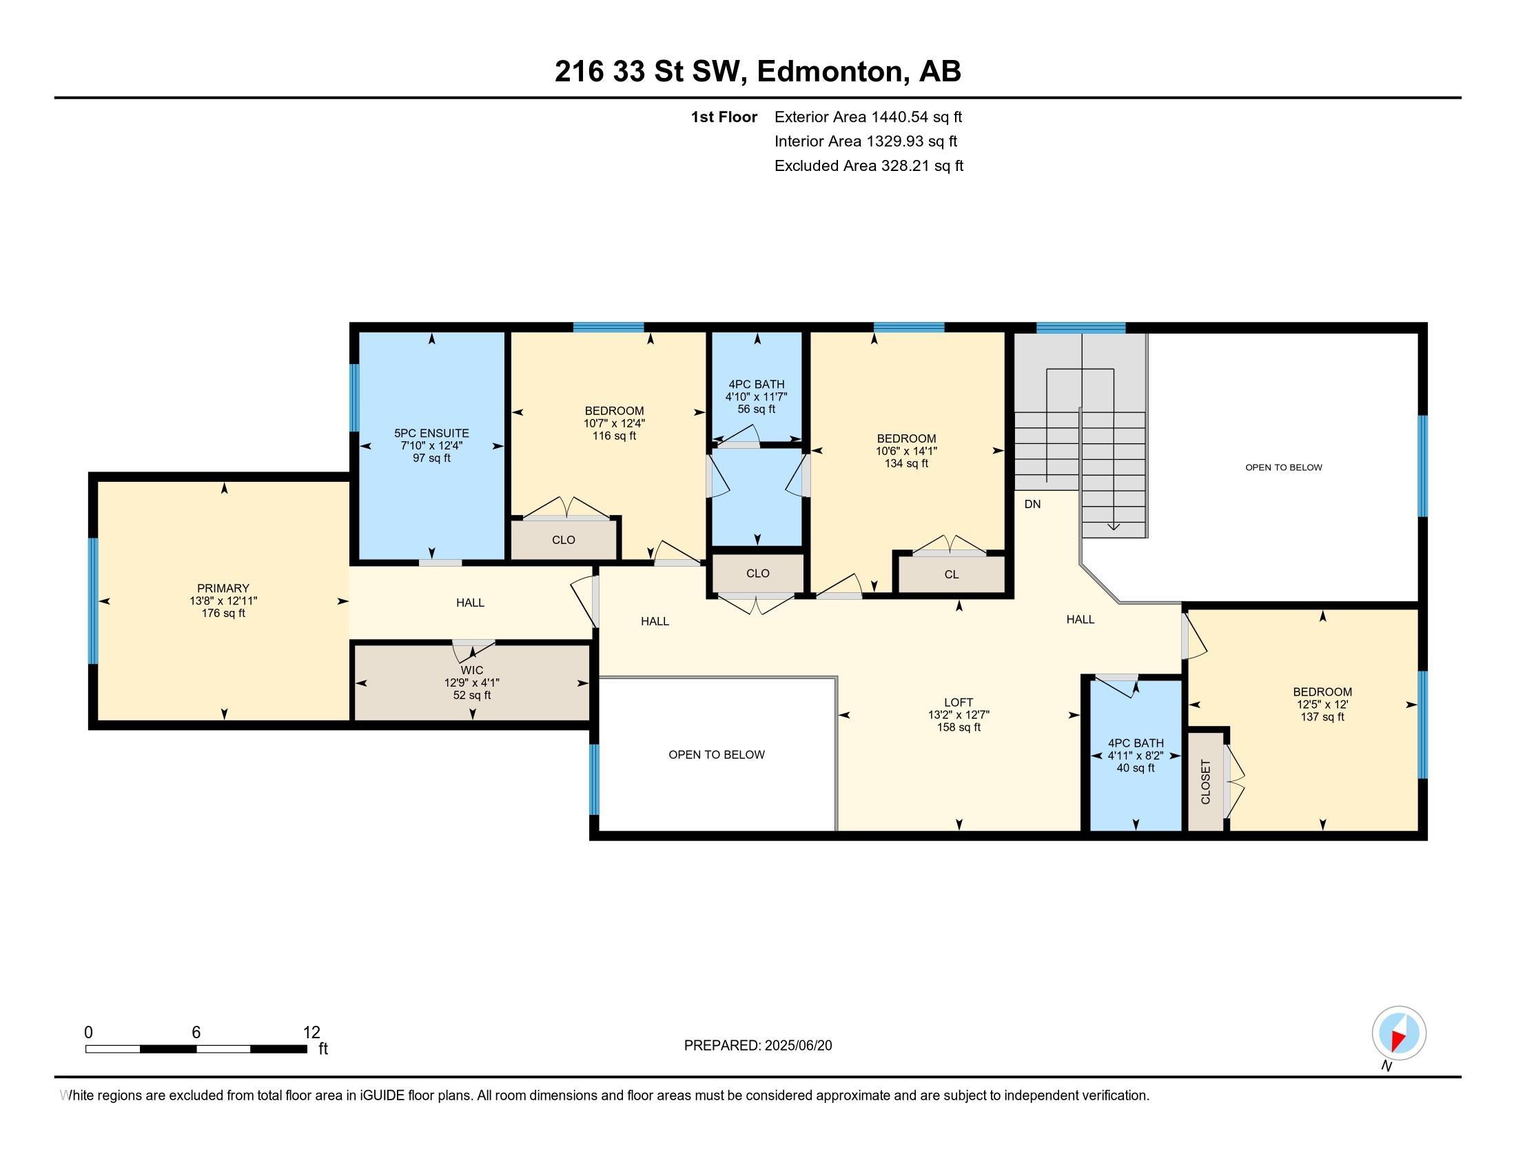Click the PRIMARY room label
pos(222,588)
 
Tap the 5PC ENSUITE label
pos(431,433)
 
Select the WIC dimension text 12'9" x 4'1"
pos(471,683)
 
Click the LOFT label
pos(958,703)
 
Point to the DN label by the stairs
pos(1032,504)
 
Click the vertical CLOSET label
pos(1206,782)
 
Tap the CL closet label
pos(951,574)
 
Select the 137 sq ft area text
pos(1322,716)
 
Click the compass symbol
pos(1399,1033)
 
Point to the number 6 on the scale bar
pos(196,1033)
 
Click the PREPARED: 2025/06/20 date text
pos(757,1046)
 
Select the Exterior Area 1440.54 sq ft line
pos(868,117)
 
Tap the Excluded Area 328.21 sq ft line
pos(868,165)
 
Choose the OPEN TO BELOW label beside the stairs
pos(1283,467)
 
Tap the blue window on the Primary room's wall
pos(92,600)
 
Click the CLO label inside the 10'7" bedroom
pos(563,540)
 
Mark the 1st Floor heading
pos(724,117)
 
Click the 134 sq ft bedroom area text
pos(906,463)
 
